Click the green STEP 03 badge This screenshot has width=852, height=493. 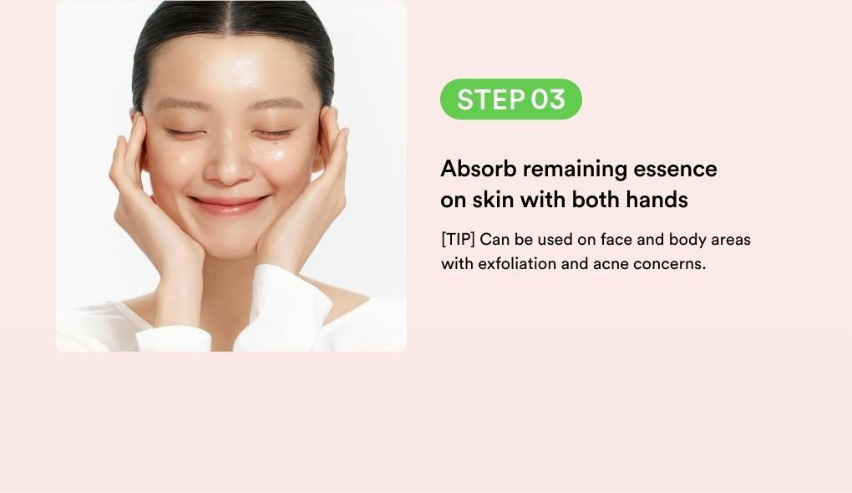point(510,99)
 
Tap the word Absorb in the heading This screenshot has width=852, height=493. point(478,169)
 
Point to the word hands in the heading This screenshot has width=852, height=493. point(657,200)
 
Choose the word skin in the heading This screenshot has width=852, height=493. point(493,200)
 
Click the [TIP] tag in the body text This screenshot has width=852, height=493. point(458,240)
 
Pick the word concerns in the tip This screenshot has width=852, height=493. point(669,265)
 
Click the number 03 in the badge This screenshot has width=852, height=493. point(548,99)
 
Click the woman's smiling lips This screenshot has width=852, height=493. point(229,205)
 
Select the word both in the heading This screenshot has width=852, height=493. point(596,200)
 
